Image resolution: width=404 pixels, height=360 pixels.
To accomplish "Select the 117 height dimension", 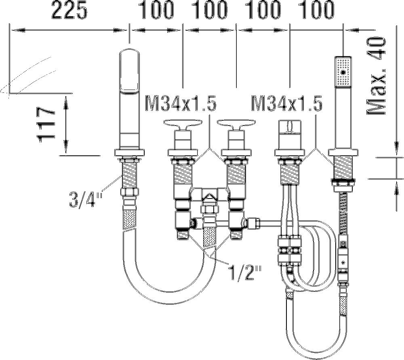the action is click(x=46, y=125).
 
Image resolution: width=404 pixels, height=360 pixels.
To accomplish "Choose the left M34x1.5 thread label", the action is click(x=180, y=103).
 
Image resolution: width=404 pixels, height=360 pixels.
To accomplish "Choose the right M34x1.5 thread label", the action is click(x=287, y=103).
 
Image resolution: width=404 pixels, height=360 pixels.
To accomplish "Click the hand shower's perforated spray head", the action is click(x=343, y=72).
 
